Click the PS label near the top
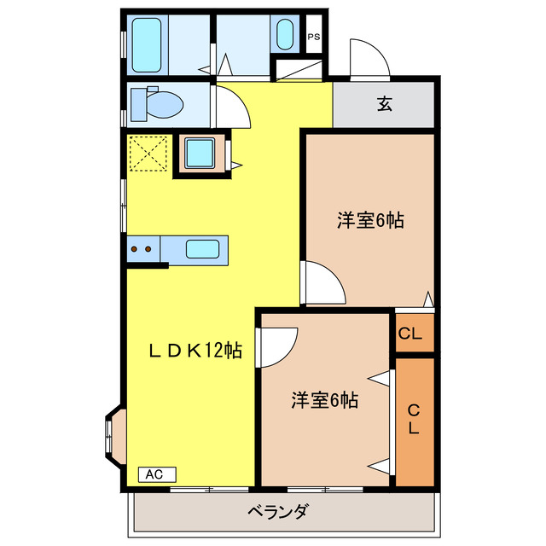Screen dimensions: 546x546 pyautogui.click(x=314, y=37)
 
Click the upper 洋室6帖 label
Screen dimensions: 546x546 pyautogui.click(x=369, y=220)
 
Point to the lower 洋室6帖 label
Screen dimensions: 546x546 pyautogui.click(x=324, y=400)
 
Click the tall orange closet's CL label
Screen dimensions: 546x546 pyautogui.click(x=414, y=419)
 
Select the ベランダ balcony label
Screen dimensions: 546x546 pyautogui.click(x=278, y=514)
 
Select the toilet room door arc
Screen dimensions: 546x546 pyautogui.click(x=232, y=105)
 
